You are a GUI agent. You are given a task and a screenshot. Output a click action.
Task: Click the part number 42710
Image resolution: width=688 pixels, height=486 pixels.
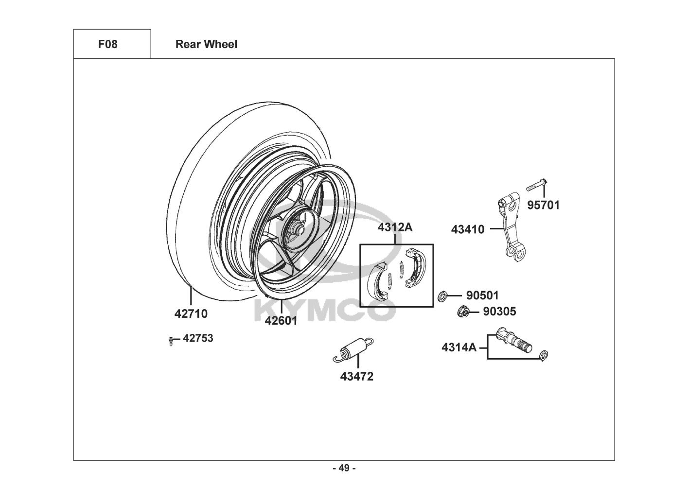click(191, 314)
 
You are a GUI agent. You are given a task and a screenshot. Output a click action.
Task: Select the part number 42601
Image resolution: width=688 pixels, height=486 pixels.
click(281, 321)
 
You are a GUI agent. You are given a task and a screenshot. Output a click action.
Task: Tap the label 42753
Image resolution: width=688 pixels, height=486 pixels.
click(198, 338)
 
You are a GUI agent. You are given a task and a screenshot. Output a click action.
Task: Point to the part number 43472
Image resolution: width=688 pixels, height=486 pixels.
click(356, 377)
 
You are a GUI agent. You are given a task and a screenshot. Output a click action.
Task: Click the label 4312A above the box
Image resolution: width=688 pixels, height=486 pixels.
click(395, 227)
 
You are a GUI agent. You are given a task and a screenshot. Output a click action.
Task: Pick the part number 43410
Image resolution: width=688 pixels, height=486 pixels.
click(468, 229)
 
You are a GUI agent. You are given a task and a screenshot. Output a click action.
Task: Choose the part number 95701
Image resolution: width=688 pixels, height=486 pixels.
click(544, 205)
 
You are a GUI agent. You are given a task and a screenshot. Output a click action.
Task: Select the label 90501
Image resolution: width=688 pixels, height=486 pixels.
click(482, 295)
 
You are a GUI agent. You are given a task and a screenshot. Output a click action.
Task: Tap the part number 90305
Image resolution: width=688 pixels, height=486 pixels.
click(499, 312)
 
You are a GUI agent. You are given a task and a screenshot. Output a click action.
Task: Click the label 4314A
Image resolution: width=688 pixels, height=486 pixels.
click(459, 347)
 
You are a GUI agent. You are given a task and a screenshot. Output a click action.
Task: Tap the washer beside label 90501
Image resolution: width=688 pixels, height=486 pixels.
click(442, 295)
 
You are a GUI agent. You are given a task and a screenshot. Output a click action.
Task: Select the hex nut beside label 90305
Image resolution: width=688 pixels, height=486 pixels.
click(463, 312)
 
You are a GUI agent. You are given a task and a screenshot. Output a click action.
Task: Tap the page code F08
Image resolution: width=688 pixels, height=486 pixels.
click(107, 44)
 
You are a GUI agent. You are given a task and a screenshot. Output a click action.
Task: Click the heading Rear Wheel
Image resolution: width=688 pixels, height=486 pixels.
click(206, 44)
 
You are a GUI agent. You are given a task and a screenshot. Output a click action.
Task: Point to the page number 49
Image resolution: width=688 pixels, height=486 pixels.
click(344, 468)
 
